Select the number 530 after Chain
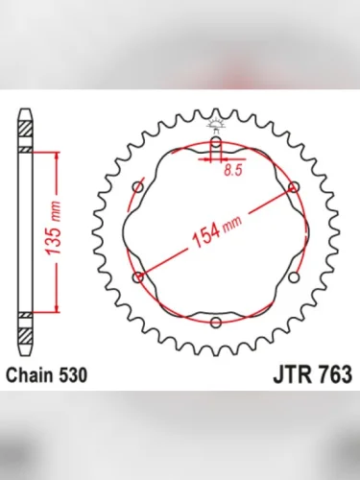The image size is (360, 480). point(76,374)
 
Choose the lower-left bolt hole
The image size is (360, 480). point(139,276)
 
